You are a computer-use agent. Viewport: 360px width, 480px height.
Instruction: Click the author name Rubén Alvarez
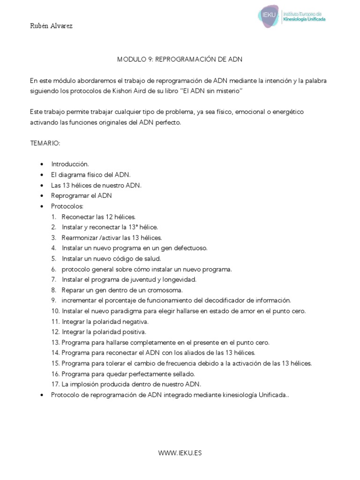(x=52, y=26)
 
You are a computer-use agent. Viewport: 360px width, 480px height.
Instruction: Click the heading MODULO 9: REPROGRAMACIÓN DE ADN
(x=179, y=60)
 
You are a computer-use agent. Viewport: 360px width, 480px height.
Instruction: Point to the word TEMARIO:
(x=45, y=143)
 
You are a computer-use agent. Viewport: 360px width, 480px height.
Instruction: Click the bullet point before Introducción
(x=42, y=164)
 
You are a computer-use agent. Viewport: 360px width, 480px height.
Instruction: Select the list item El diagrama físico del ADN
(x=87, y=174)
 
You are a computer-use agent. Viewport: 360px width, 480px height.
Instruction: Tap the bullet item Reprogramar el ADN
(x=82, y=195)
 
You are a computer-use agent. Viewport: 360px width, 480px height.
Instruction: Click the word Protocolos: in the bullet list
(x=67, y=206)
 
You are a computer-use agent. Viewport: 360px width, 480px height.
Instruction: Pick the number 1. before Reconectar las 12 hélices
(x=54, y=217)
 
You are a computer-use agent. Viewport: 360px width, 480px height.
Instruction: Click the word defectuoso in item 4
(x=190, y=247)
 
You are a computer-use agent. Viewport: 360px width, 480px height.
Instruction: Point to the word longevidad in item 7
(x=180, y=279)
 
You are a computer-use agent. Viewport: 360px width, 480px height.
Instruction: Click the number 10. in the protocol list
(x=56, y=311)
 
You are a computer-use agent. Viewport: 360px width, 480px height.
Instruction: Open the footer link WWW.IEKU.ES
(x=180, y=453)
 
